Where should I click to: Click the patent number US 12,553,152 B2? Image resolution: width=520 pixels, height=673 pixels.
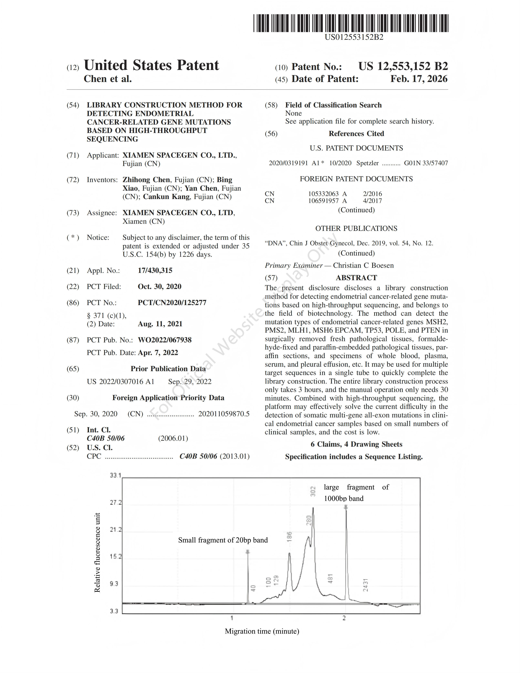click(x=403, y=66)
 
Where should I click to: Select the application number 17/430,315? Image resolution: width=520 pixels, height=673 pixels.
click(x=155, y=271)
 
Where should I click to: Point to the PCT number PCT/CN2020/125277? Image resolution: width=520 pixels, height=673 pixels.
click(x=172, y=303)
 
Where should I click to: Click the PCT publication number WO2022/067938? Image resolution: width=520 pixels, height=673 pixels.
click(x=165, y=340)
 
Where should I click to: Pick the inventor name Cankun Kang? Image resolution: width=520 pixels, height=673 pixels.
click(x=166, y=197)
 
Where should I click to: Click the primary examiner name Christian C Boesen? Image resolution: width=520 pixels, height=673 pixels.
click(x=363, y=265)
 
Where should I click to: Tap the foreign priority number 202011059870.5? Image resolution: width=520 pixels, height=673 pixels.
click(x=224, y=414)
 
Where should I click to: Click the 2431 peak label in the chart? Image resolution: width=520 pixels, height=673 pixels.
click(x=365, y=584)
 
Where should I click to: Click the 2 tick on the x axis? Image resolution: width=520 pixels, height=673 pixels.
click(x=344, y=618)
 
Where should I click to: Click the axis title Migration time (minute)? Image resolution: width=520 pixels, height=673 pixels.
click(x=262, y=631)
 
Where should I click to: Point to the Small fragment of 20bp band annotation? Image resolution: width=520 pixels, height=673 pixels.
click(x=223, y=540)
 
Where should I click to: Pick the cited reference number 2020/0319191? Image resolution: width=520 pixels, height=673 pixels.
click(x=288, y=163)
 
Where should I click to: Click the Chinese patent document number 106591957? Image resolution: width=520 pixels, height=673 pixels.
click(x=323, y=201)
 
